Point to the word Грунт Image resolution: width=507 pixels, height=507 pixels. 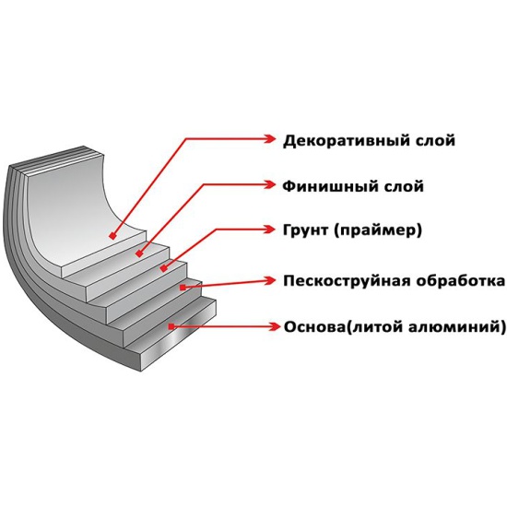pyautogui.click(x=305, y=230)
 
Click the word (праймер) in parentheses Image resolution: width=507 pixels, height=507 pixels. pyautogui.click(x=378, y=230)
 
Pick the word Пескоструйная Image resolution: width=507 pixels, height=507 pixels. pyautogui.click(x=347, y=281)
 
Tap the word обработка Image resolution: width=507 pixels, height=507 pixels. pyautogui.click(x=460, y=281)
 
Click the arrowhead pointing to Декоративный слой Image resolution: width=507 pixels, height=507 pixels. pyautogui.click(x=270, y=138)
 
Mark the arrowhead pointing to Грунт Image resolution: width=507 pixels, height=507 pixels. pyautogui.click(x=269, y=230)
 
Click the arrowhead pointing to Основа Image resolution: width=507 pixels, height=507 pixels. pyautogui.click(x=274, y=326)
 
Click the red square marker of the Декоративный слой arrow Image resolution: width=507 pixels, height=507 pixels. pyautogui.click(x=112, y=236)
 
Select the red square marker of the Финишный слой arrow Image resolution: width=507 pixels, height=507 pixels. pyautogui.click(x=139, y=253)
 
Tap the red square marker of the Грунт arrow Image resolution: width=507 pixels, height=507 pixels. pyautogui.click(x=164, y=268)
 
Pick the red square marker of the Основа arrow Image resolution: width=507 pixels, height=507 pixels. pyautogui.click(x=171, y=326)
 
